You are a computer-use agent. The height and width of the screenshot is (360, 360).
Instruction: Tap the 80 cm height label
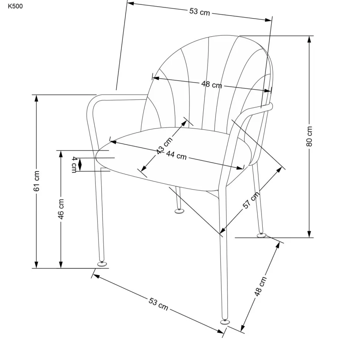pyautogui.click(x=310, y=137)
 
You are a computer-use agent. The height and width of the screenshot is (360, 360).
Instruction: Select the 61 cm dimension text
pyautogui.click(x=36, y=181)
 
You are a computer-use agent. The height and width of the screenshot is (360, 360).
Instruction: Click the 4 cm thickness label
pyautogui.click(x=75, y=164)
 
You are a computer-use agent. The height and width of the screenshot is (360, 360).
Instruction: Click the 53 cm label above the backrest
pyautogui.click(x=200, y=12)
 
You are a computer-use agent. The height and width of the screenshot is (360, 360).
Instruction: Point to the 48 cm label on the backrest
pyautogui.click(x=212, y=85)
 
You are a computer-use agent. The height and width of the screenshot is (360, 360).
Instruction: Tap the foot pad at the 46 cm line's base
pyautogui.click(x=101, y=264)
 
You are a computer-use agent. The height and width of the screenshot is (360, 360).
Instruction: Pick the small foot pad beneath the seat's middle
pyautogui.click(x=179, y=212)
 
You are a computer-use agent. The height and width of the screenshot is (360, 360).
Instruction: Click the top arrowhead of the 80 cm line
pyautogui.click(x=309, y=39)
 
